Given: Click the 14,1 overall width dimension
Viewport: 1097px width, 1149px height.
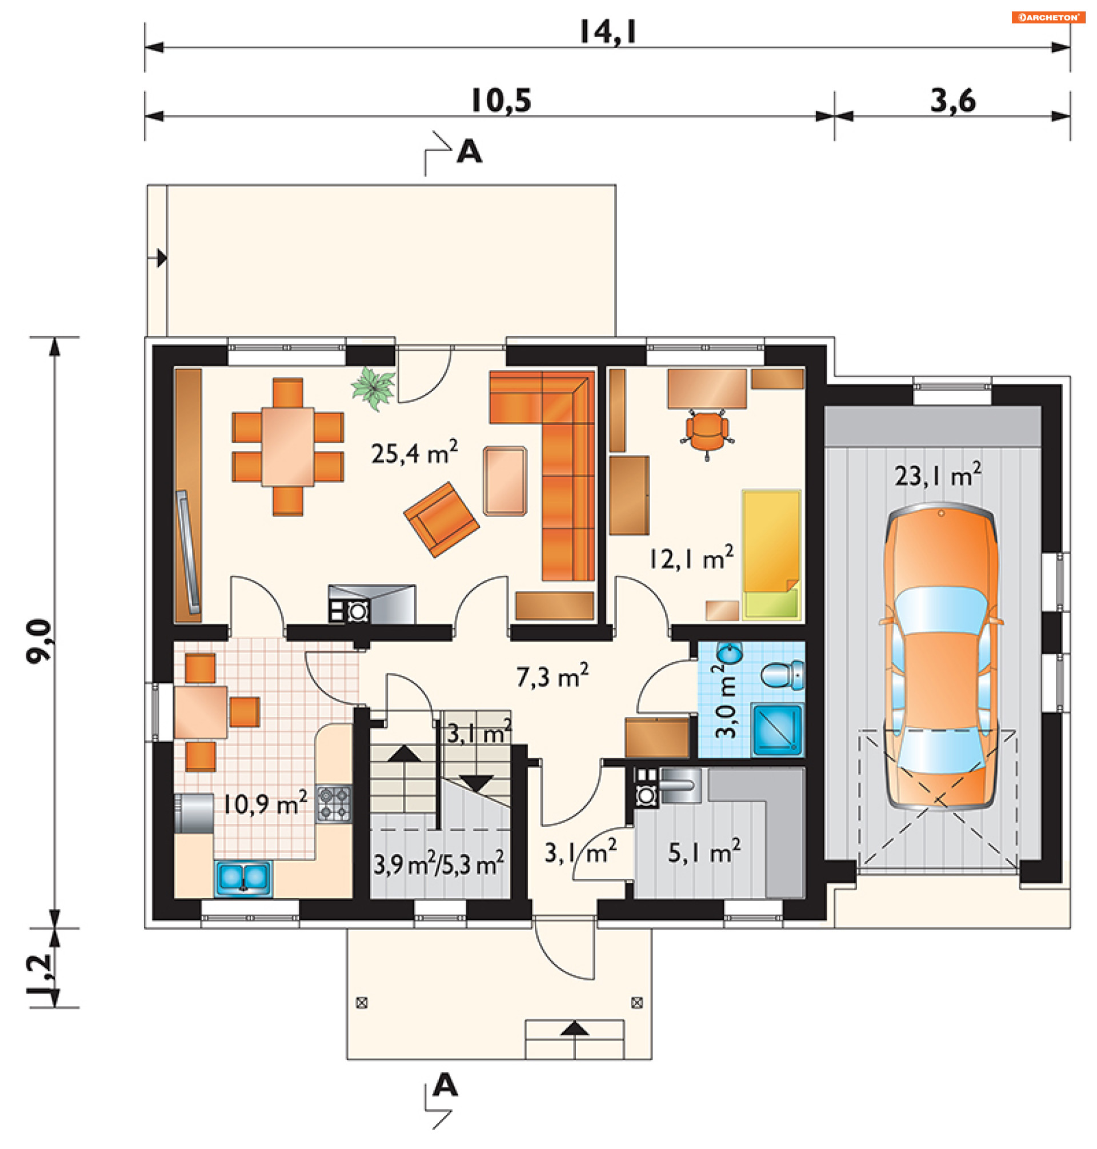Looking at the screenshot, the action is (x=607, y=32).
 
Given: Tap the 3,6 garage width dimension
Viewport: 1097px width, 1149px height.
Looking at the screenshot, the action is (x=953, y=101).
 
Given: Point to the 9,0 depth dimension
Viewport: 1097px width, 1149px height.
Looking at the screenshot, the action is (x=40, y=641).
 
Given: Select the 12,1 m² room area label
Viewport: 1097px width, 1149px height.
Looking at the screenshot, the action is (x=691, y=558).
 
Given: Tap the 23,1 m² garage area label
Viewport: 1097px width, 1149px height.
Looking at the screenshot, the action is (x=938, y=475).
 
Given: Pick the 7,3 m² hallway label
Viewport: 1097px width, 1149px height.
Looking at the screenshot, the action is (x=552, y=676).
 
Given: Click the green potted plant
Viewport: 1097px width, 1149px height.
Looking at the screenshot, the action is (x=373, y=388).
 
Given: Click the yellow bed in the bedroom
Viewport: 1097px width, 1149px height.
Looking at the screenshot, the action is (x=771, y=554).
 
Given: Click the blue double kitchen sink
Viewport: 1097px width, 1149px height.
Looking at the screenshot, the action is (x=243, y=878).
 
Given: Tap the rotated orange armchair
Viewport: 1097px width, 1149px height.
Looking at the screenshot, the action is (x=442, y=519).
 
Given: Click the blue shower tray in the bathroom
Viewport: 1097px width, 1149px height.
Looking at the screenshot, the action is (x=778, y=731).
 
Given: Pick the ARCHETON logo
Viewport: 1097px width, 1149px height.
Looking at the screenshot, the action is (x=1048, y=18).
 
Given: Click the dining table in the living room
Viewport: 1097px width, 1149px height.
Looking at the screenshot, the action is (x=288, y=447).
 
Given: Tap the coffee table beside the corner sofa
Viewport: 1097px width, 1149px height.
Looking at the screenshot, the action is (x=505, y=481).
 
